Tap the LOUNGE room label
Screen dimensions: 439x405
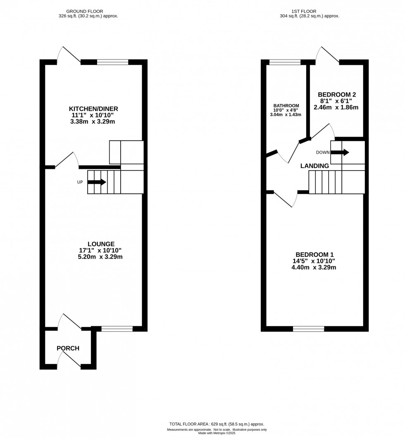tap(101, 244)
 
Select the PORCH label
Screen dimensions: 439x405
tap(68, 349)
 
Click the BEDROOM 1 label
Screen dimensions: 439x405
tap(314, 254)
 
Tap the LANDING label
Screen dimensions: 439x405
tap(314, 166)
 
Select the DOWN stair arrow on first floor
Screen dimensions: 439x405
tap(340, 152)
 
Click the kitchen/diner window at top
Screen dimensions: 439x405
tap(112, 62)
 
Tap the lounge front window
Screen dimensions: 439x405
tap(117, 329)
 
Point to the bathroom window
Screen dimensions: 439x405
tap(285, 62)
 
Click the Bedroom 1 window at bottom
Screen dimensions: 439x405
tap(308, 329)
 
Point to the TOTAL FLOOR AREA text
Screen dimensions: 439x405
tap(216, 424)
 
